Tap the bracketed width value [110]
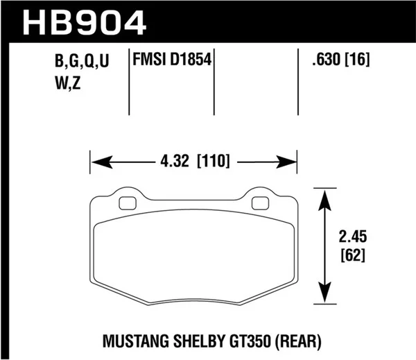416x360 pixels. coord(214,164)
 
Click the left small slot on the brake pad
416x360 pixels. coord(128,204)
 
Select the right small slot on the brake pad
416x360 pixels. coord(260,204)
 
